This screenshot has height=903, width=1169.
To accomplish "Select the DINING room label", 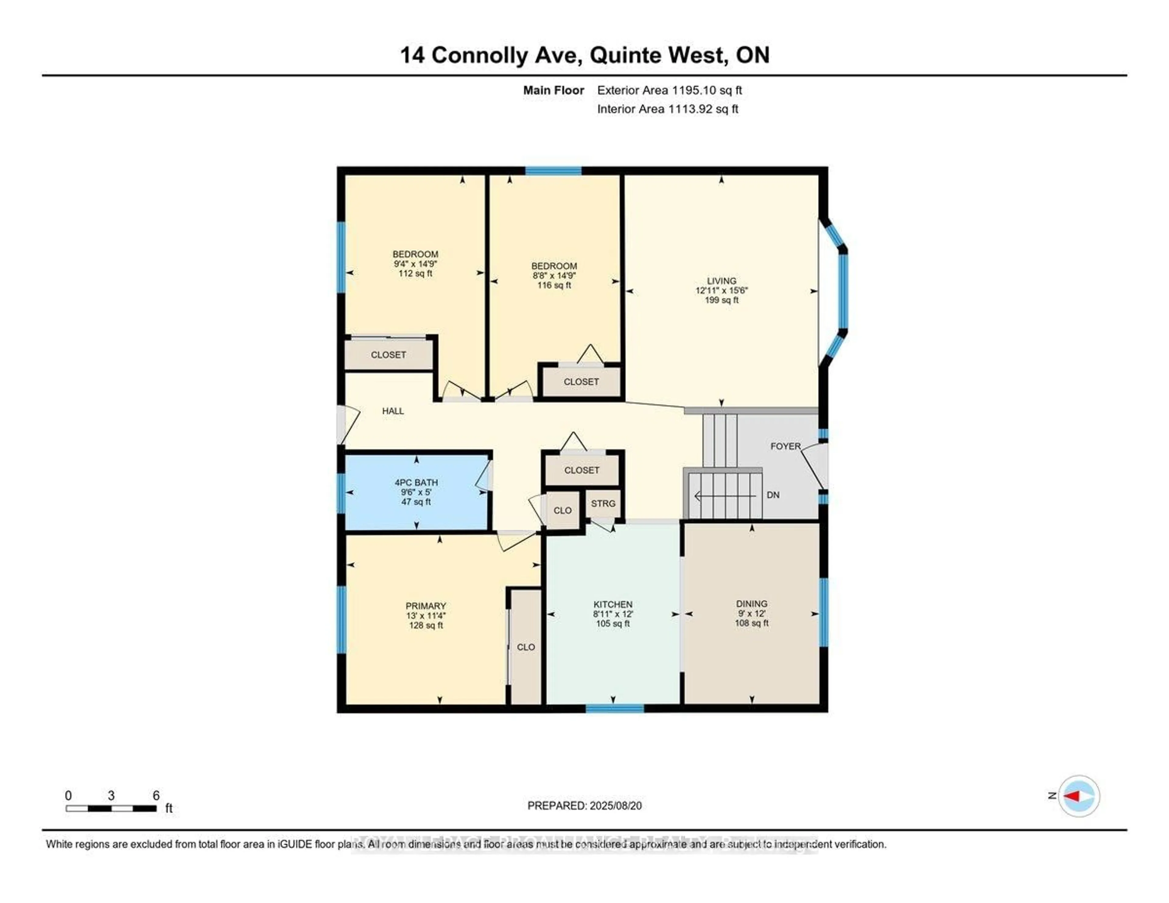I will point(752,603).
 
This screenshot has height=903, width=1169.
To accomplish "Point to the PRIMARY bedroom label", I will point(426,606).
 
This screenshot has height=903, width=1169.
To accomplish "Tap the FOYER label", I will point(785,446).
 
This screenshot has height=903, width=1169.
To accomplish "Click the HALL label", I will point(393,411).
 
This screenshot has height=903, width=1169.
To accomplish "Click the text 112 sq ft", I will point(415,273).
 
